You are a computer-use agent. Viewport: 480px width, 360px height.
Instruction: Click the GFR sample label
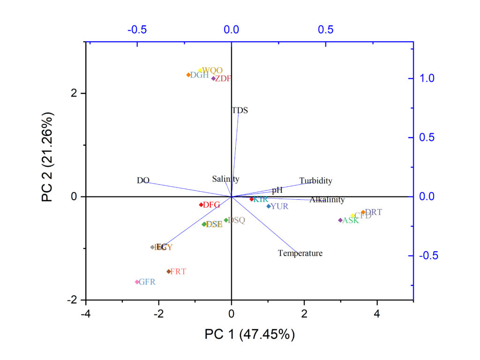click(x=147, y=282)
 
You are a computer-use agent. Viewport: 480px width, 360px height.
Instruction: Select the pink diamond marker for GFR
click(x=137, y=282)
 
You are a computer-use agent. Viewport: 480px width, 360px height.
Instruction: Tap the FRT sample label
click(x=178, y=271)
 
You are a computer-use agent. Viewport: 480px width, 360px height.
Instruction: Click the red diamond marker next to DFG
click(x=201, y=205)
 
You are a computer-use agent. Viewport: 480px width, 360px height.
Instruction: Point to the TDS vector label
click(x=240, y=111)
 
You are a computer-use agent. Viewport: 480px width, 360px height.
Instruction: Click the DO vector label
click(x=143, y=180)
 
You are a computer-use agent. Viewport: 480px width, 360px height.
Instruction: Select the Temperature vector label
click(x=300, y=254)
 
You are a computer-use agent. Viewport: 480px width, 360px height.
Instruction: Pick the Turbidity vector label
click(x=315, y=181)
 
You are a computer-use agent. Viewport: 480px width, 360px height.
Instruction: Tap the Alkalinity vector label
click(x=327, y=200)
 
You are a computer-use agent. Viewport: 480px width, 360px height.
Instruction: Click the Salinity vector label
click(x=225, y=179)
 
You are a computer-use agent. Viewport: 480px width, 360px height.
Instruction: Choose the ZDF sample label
click(x=223, y=79)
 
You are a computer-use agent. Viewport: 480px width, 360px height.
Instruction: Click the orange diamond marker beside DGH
click(x=188, y=75)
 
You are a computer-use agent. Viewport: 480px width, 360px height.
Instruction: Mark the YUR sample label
click(x=279, y=206)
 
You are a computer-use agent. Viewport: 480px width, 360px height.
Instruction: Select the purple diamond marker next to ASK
click(x=340, y=220)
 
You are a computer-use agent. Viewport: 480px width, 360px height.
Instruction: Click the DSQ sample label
click(x=236, y=220)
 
